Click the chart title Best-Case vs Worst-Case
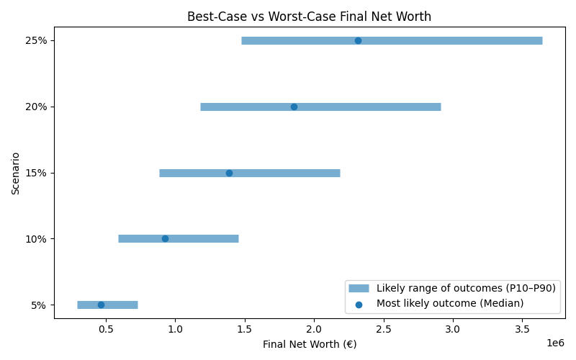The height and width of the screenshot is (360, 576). click(309, 17)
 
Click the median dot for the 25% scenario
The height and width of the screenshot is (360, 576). click(358, 40)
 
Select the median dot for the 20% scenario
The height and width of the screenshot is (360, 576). click(294, 107)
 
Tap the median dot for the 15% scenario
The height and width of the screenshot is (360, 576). click(229, 173)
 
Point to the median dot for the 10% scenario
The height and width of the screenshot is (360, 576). click(165, 238)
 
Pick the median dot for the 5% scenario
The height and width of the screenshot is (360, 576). click(101, 305)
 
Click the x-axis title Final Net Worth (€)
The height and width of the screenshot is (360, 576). click(309, 344)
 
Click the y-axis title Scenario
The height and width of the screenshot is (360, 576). click(16, 173)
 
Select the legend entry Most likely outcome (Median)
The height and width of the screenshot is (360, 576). click(450, 303)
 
